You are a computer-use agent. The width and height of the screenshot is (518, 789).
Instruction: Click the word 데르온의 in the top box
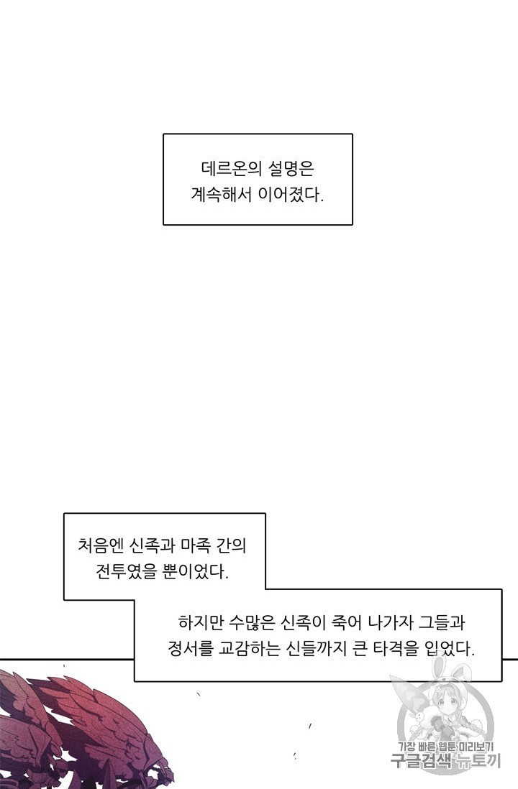pyautogui.click(x=231, y=168)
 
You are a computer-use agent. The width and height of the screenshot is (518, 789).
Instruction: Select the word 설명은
pyautogui.click(x=291, y=168)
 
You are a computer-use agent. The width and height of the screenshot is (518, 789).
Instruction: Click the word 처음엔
pyautogui.click(x=100, y=545)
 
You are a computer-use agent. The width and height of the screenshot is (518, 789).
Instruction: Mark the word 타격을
pyautogui.click(x=396, y=649)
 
